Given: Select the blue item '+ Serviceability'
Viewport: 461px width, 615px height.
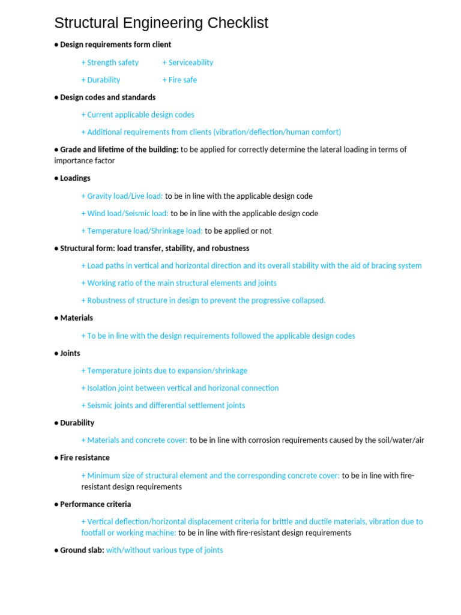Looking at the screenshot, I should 188,62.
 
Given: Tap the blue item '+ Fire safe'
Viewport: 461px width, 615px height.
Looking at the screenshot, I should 179,80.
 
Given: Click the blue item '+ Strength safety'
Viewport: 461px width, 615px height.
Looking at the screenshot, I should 110,62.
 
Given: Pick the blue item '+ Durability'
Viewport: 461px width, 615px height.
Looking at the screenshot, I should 101,80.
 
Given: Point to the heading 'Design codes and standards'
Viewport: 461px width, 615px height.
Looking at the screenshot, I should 107,97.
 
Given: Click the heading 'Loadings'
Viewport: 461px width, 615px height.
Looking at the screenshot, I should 75,178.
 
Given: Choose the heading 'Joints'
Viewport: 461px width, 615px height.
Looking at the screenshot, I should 70,353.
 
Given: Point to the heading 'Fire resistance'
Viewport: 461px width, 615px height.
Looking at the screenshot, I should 85,458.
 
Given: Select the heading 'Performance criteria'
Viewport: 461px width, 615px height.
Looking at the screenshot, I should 95,504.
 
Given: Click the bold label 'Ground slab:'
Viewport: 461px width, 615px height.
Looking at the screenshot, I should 82,550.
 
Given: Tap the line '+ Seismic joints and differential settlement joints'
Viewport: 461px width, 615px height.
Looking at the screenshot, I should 163,405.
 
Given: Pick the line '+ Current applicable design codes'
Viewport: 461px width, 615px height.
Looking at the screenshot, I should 138,115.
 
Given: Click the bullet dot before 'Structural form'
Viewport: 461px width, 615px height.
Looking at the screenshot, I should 56,249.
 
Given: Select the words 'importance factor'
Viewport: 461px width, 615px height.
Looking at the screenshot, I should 85,161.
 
